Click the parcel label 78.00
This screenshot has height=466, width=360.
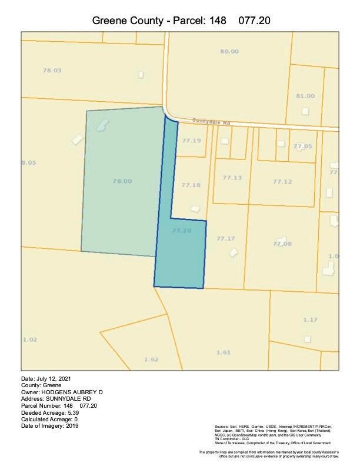point(122,181)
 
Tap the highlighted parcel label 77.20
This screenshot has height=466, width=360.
point(182,231)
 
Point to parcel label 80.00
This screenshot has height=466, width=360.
point(229,51)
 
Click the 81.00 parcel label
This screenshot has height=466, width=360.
point(305,96)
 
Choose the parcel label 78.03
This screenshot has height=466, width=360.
point(52,71)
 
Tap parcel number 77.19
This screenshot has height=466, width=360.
point(191,141)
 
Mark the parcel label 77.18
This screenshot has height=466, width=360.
point(191,185)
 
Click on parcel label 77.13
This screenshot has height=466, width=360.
point(232,178)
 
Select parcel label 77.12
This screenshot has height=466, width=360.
point(282,182)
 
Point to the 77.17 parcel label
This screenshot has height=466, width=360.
point(225,238)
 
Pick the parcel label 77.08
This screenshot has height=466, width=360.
point(282,244)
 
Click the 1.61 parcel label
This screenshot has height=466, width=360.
point(223,352)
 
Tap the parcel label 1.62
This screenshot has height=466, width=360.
point(151,359)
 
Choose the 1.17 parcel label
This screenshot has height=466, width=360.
point(310,319)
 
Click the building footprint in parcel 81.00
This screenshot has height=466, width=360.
point(305,111)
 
